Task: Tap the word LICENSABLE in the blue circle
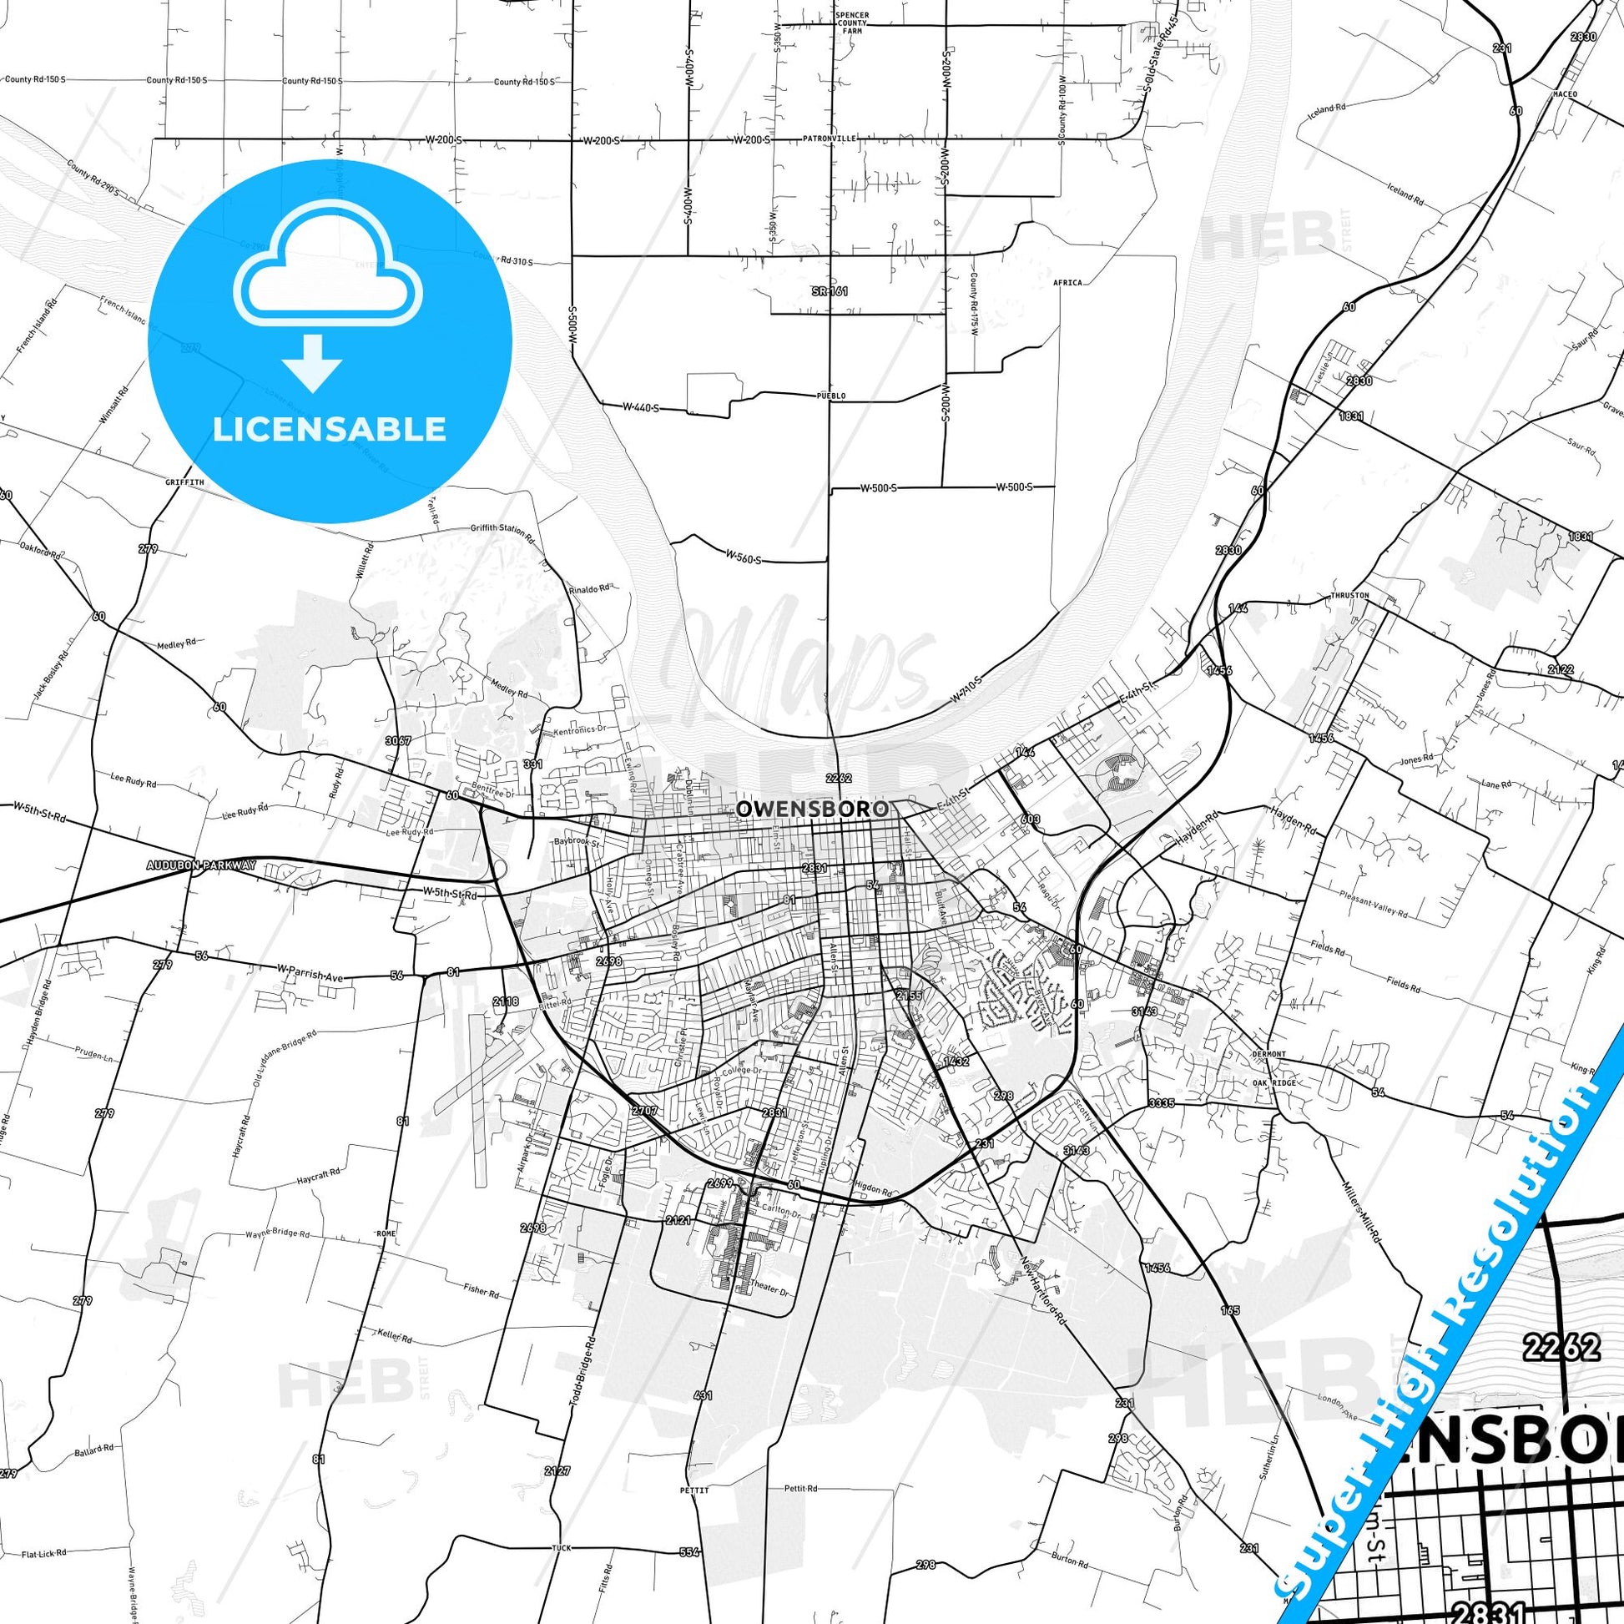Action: [x=330, y=429]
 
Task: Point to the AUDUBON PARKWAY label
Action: [x=201, y=865]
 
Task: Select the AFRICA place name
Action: [x=1067, y=282]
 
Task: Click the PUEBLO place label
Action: [x=830, y=395]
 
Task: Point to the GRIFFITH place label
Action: [x=185, y=482]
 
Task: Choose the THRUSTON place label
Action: [x=1350, y=595]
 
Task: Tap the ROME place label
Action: [x=386, y=1233]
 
